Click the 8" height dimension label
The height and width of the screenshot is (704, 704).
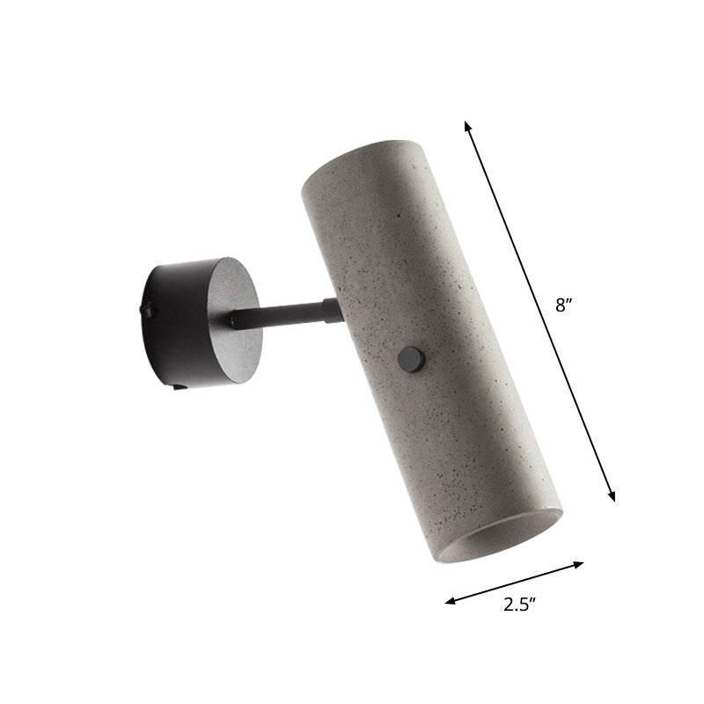coord(562,306)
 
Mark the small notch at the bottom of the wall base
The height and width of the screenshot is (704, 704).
coord(179,385)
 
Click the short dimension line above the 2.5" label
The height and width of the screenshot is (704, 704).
coord(515,583)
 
